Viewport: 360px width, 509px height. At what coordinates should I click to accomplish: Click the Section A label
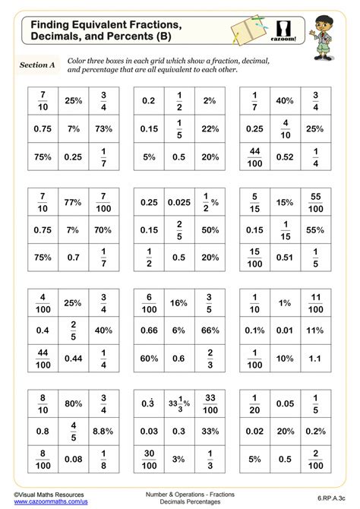click(38, 65)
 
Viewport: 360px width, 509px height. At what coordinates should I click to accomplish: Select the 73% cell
click(104, 129)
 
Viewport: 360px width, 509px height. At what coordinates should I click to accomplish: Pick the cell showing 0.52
click(286, 157)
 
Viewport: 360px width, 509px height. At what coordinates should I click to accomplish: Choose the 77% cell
click(74, 203)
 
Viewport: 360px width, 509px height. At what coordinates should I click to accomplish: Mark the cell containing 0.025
click(179, 203)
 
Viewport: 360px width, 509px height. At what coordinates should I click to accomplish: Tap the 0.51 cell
click(286, 257)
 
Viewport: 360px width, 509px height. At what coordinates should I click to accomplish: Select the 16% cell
click(179, 302)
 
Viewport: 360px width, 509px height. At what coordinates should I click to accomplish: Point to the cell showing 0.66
click(149, 330)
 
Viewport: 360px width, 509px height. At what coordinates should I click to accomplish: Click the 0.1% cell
click(255, 330)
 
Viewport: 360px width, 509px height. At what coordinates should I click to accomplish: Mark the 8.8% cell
click(104, 430)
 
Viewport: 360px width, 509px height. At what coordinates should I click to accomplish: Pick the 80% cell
click(74, 403)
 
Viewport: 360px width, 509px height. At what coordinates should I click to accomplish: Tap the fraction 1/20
click(255, 403)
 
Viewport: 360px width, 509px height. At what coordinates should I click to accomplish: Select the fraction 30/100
click(149, 459)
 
